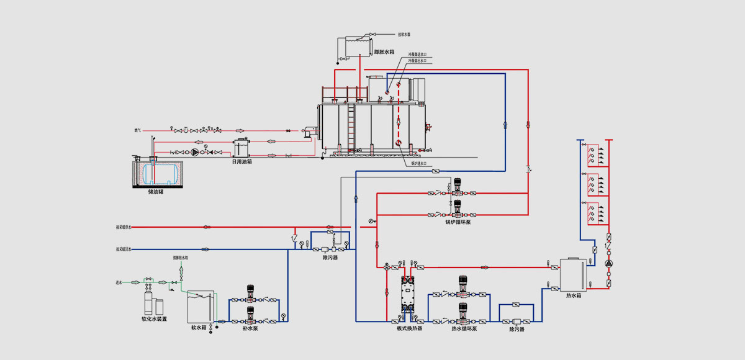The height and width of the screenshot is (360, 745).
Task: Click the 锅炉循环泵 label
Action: (x=458, y=222)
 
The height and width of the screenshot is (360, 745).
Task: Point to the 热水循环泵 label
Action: (x=464, y=328)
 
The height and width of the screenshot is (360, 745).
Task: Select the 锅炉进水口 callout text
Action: (x=420, y=163)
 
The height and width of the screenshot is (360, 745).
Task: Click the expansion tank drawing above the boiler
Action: (x=354, y=47)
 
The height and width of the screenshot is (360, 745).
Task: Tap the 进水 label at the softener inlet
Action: (x=119, y=282)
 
